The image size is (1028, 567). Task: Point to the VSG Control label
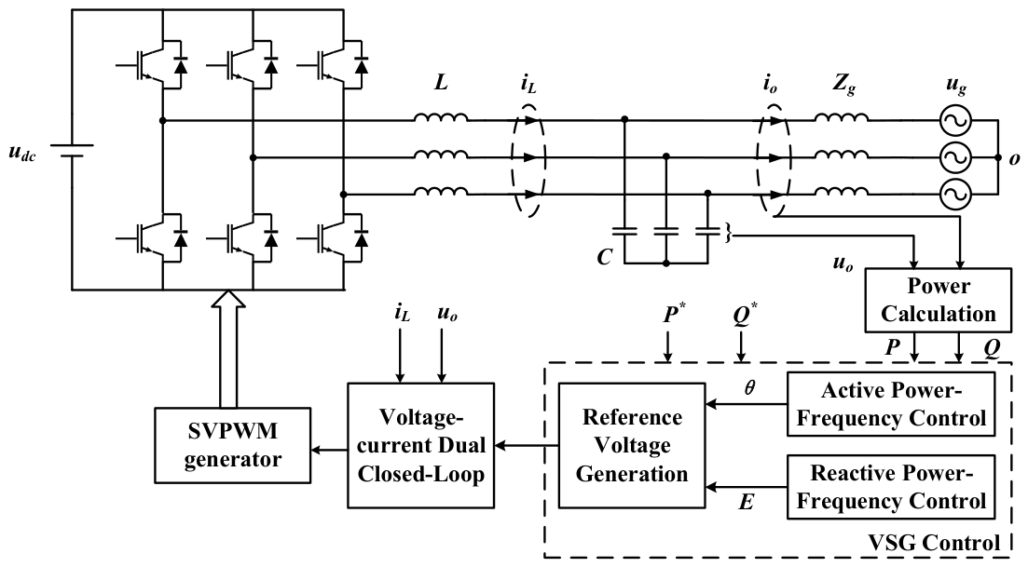[934, 542]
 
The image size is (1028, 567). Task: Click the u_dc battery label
[22, 154]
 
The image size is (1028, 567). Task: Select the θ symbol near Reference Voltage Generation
[749, 387]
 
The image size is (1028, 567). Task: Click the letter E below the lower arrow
[747, 502]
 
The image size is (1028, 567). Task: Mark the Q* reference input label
[744, 315]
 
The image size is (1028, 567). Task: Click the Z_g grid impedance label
[843, 85]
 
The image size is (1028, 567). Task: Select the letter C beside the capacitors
[605, 257]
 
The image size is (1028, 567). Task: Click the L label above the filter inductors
[441, 83]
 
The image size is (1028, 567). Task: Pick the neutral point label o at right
[1015, 159]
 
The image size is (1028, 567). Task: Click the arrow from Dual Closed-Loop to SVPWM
[329, 449]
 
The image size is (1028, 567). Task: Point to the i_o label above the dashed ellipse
[771, 85]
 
